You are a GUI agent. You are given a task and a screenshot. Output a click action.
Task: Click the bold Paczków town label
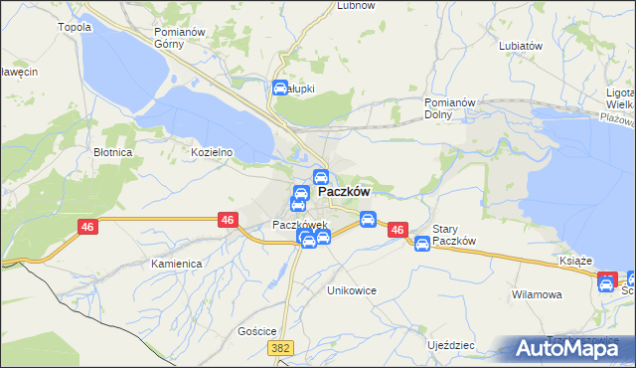pos(344,193)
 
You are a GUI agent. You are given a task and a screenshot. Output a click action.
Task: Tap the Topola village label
pos(77,27)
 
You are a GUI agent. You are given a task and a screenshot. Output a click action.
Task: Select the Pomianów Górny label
pos(179,38)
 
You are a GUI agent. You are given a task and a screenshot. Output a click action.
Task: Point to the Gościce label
pos(257,330)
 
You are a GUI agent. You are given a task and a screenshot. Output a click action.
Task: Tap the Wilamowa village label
pos(538,294)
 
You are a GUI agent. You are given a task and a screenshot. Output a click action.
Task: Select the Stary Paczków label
pos(456,235)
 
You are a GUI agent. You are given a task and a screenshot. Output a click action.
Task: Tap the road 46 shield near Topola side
pos(88,228)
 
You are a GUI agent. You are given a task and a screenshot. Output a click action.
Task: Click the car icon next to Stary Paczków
pos(422,243)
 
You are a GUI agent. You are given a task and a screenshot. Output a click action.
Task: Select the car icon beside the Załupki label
pos(279,88)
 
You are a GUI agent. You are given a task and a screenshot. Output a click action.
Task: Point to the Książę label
pos(577,260)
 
